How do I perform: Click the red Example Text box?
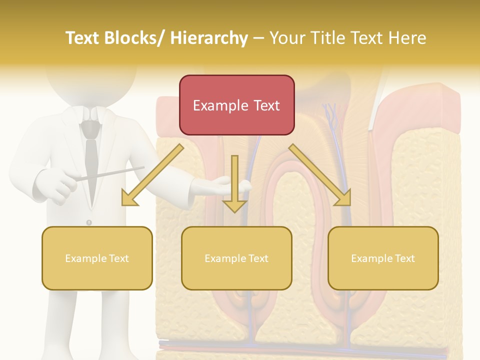coord(236,105)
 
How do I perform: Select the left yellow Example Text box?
coord(97,258)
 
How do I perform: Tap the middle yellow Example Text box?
coord(236,258)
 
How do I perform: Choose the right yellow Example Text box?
coord(383,258)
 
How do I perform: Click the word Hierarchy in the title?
coord(209,38)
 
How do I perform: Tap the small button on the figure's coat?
coord(89,222)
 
